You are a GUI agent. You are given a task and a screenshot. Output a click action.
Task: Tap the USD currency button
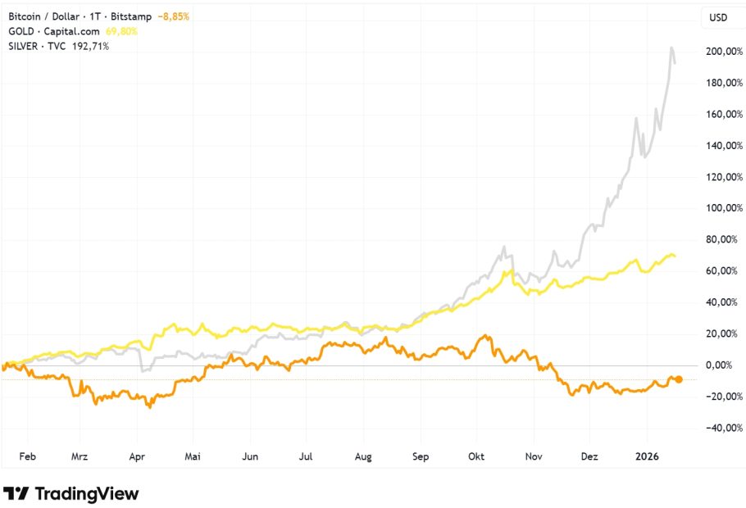tap(717, 17)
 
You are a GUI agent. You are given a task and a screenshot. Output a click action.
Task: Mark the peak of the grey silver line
tap(672, 48)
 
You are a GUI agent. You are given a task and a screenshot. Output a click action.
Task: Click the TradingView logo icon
tap(17, 493)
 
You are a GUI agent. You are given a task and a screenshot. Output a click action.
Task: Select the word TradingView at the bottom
tap(86, 493)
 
